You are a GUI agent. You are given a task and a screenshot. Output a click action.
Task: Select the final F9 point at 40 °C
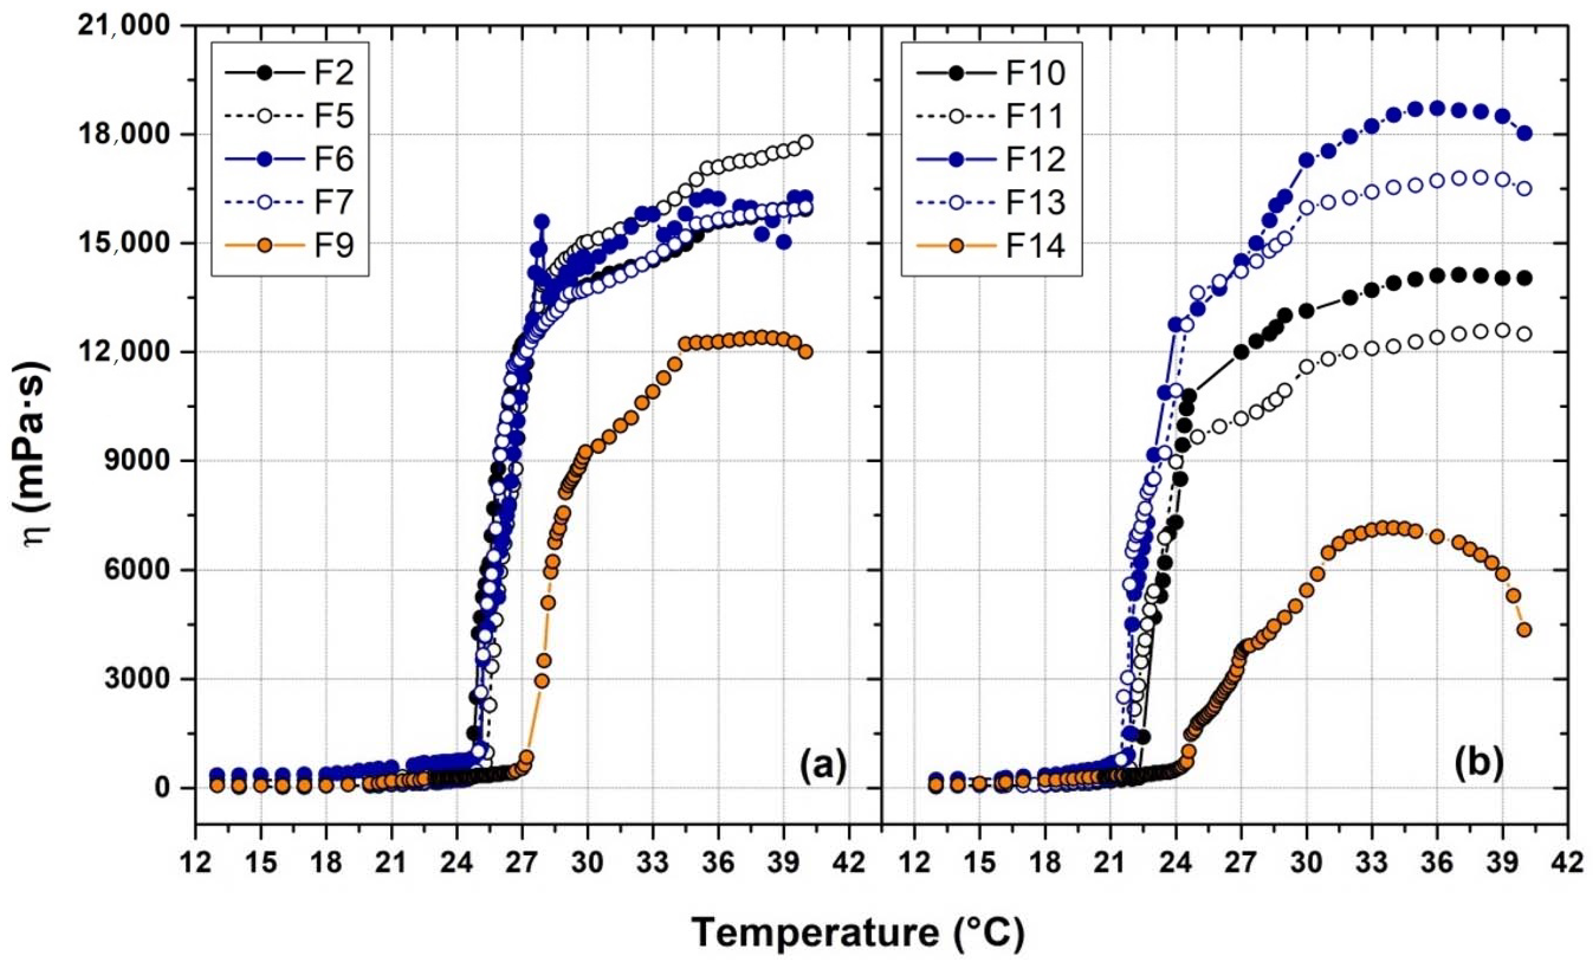pos(806,352)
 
